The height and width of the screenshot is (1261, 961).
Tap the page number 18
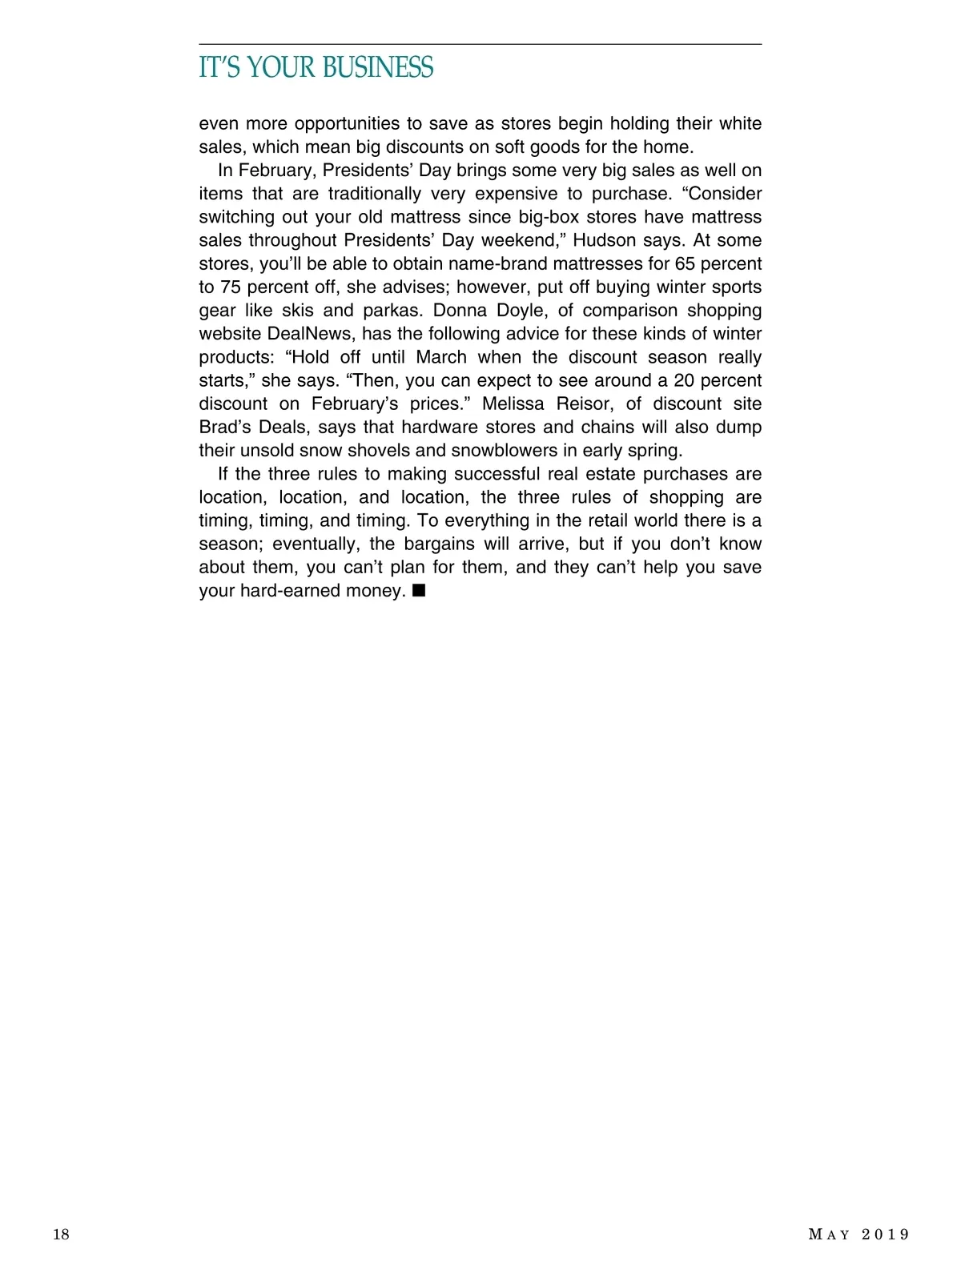tap(62, 1234)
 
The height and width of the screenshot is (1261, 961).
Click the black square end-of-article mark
tap(418, 591)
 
